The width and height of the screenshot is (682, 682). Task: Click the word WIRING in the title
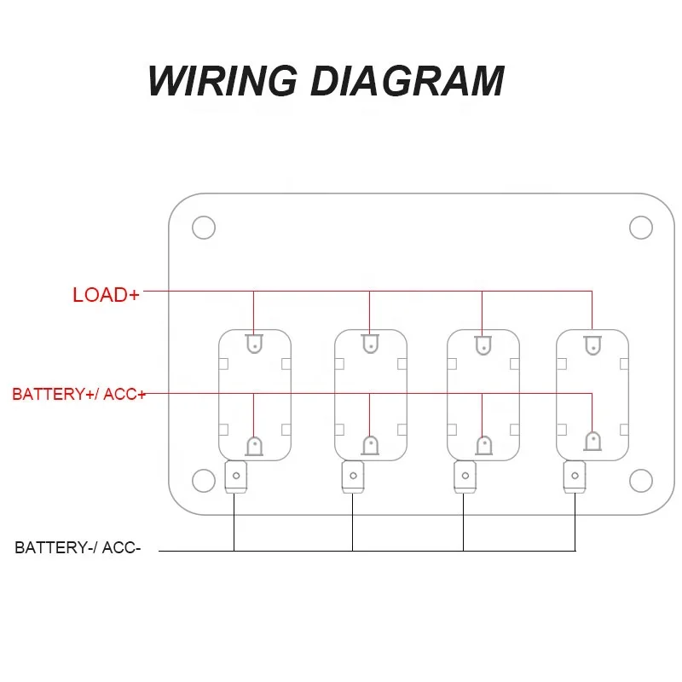click(x=223, y=81)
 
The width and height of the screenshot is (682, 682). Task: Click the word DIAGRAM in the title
click(x=407, y=81)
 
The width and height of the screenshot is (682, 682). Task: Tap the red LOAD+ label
click(x=106, y=295)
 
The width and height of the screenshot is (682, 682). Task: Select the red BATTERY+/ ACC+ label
click(x=78, y=394)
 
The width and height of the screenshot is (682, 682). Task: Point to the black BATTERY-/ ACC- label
click(x=78, y=547)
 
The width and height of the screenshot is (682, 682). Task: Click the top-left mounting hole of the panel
click(x=204, y=228)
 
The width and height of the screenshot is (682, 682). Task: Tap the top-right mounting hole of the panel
click(x=641, y=228)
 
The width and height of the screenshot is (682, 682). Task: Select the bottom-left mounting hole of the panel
click(x=204, y=481)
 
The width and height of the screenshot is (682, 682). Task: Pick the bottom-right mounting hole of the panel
click(x=641, y=481)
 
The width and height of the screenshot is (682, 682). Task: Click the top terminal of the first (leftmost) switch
click(x=254, y=344)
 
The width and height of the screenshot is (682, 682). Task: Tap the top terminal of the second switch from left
click(x=370, y=344)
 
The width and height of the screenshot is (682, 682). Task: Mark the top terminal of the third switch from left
click(x=483, y=345)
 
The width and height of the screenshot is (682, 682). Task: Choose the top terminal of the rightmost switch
click(x=592, y=345)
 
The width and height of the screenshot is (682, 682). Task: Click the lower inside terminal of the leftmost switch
click(x=254, y=446)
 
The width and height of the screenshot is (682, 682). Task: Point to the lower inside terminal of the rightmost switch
click(x=592, y=441)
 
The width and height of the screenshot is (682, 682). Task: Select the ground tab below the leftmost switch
click(x=236, y=477)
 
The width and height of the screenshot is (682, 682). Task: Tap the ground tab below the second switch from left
click(x=353, y=477)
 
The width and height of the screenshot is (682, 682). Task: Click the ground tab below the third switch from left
click(x=465, y=477)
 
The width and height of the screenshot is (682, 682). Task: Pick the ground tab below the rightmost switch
click(x=575, y=477)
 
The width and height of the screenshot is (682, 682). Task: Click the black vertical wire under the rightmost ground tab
click(x=575, y=522)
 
